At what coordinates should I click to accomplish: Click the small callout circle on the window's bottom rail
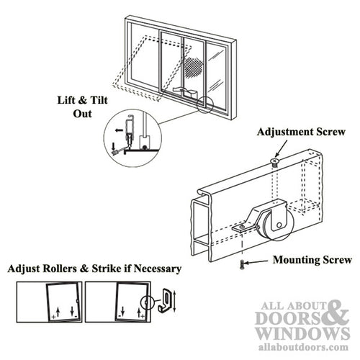pos(204,105)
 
